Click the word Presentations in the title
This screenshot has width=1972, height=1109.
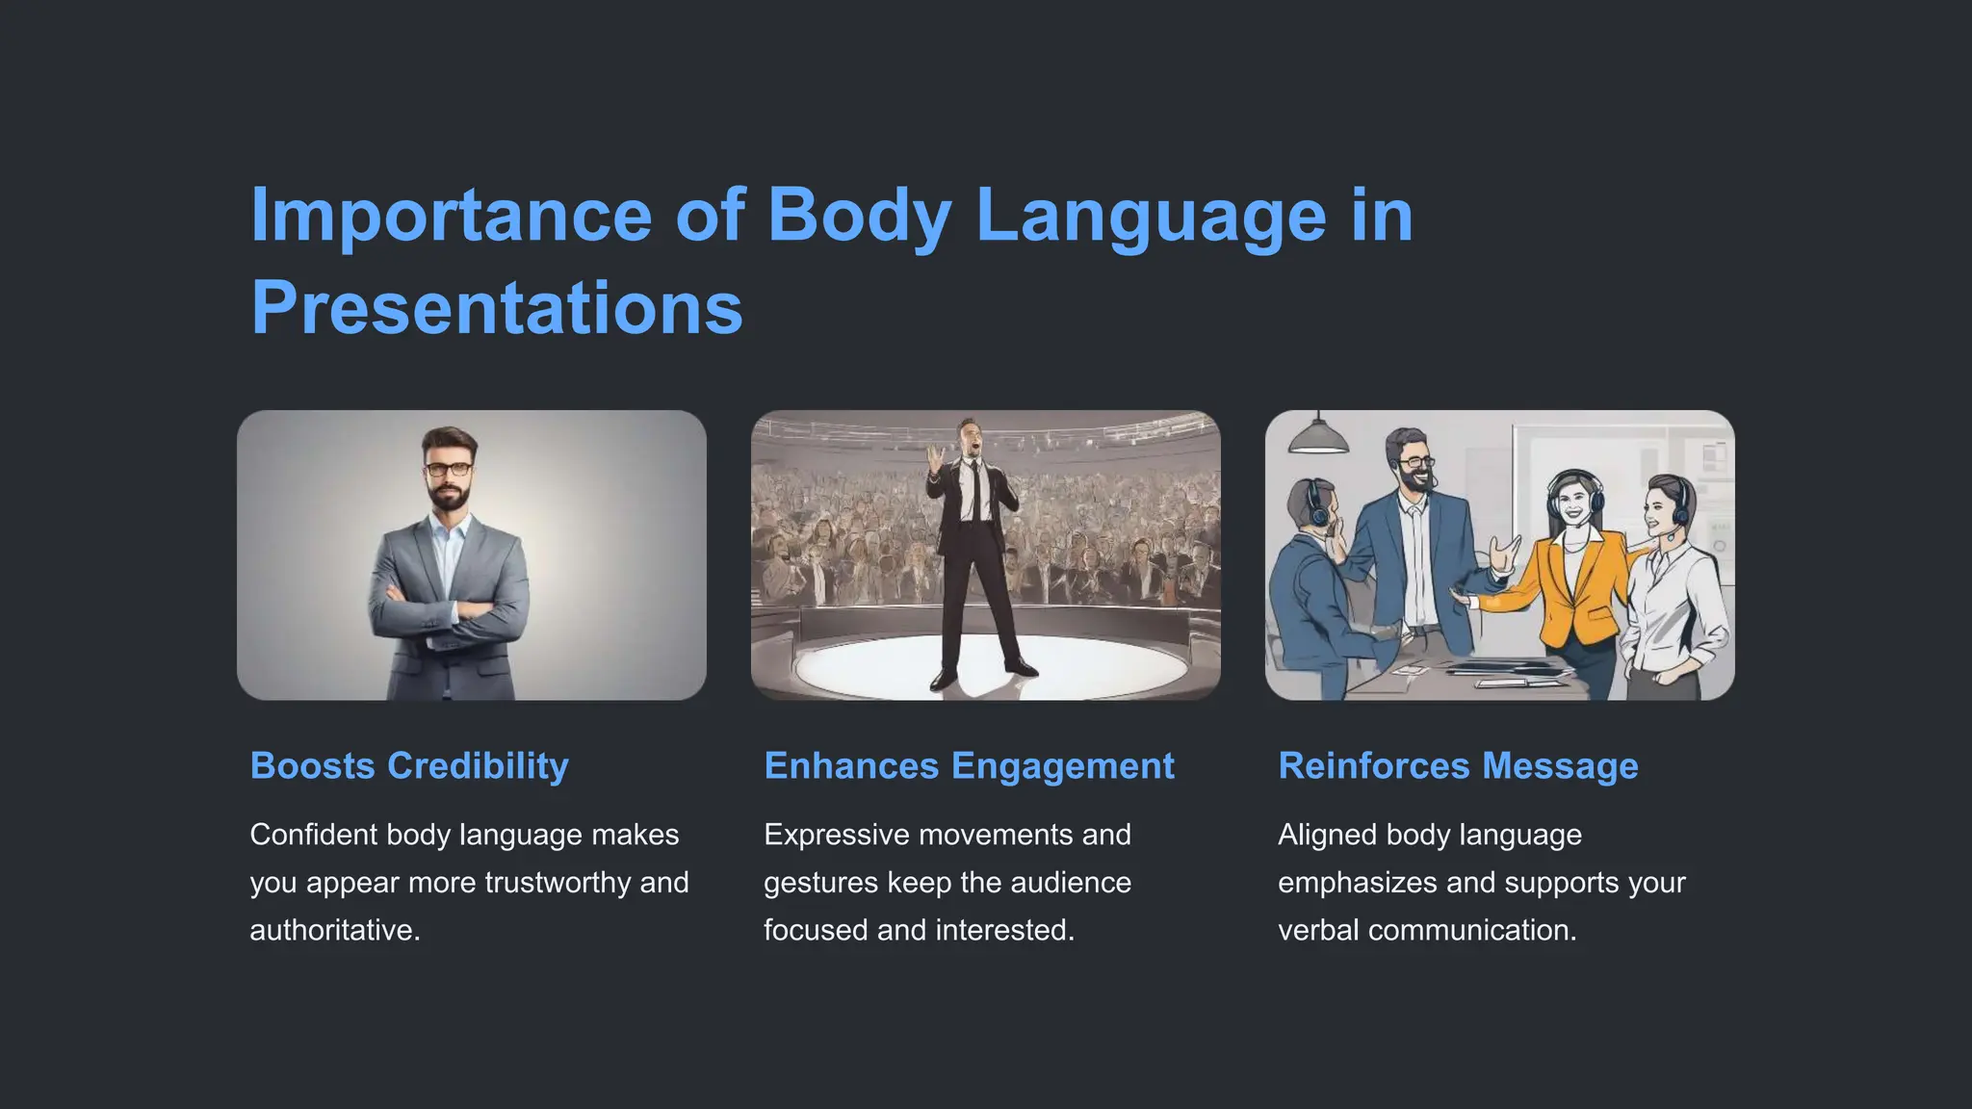point(497,308)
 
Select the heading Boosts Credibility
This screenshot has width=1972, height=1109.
point(409,766)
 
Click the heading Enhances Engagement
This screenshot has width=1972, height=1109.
point(969,766)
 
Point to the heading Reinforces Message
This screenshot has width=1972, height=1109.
point(1458,766)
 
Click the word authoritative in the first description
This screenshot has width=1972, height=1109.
point(333,930)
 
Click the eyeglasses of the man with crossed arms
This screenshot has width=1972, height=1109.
point(449,470)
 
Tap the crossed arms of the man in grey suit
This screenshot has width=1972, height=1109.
point(446,613)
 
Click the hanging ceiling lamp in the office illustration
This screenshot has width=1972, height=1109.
point(1317,438)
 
